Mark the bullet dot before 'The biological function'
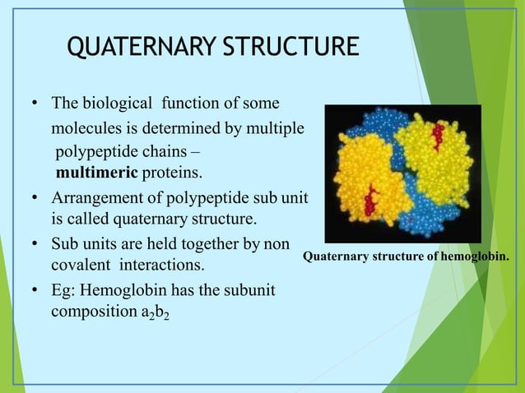[x=34, y=105]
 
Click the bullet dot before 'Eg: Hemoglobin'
[x=34, y=292]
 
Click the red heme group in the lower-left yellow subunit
[x=372, y=196]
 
